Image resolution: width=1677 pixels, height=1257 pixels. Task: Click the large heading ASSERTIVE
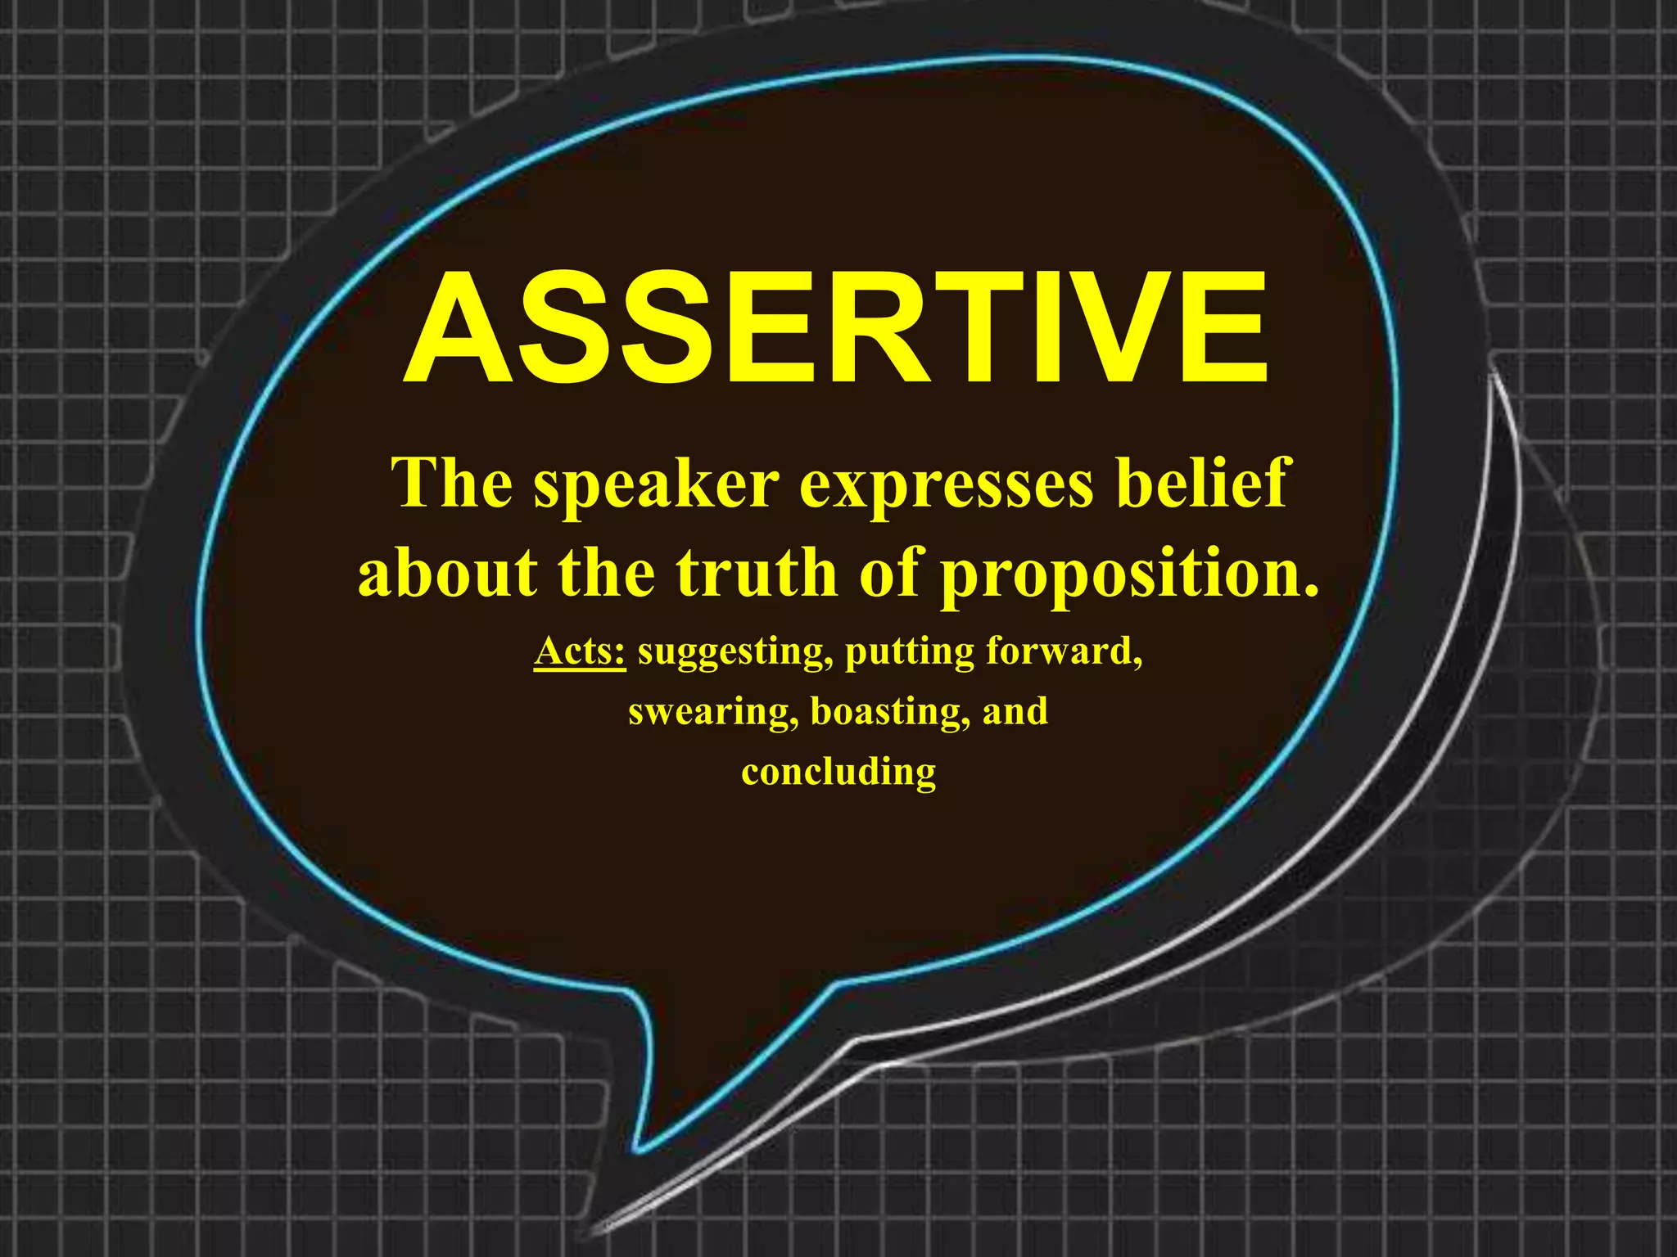pyautogui.click(x=837, y=327)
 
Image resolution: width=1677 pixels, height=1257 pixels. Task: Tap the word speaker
pyautogui.click(x=656, y=485)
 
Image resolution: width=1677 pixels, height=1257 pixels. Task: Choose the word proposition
pyautogui.click(x=1128, y=575)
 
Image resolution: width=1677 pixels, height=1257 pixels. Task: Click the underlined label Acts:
pyautogui.click(x=580, y=651)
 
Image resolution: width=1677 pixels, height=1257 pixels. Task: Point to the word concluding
pyautogui.click(x=838, y=772)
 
